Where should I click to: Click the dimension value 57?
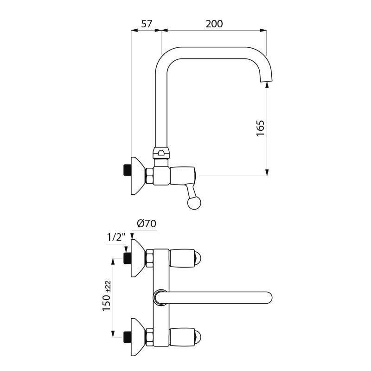147,24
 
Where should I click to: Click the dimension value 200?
214,24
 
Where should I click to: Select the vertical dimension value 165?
261,128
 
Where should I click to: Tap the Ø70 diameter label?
146,224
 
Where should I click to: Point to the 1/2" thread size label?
116,237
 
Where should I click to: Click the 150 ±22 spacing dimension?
107,296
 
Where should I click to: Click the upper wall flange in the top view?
138,258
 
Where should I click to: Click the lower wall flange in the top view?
138,337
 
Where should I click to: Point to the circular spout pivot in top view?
160,297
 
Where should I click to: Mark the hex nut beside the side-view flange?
150,176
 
